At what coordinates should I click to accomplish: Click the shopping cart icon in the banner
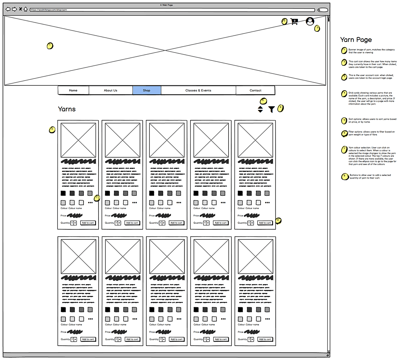click(x=294, y=21)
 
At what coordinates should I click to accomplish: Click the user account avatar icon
click(x=310, y=21)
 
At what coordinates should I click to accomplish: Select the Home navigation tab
click(x=73, y=91)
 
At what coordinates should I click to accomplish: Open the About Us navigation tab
click(x=111, y=91)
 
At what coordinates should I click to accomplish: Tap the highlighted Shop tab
click(x=147, y=91)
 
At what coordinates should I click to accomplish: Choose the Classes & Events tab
click(x=198, y=91)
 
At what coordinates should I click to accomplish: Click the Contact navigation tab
click(x=255, y=91)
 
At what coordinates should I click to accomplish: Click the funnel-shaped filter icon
click(x=272, y=110)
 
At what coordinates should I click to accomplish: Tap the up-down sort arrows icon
click(x=260, y=109)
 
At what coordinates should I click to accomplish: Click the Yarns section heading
click(x=67, y=109)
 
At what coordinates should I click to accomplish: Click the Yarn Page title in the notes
click(x=356, y=40)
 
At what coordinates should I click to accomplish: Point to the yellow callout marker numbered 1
click(x=50, y=46)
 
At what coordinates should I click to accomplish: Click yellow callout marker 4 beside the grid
click(x=52, y=130)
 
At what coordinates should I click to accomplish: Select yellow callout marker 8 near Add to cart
click(x=278, y=221)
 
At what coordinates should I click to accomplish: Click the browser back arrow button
click(x=8, y=9)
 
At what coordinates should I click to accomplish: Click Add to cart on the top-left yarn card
click(x=88, y=223)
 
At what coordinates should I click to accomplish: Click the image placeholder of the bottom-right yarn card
click(x=255, y=256)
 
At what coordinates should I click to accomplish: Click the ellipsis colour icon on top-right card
click(x=267, y=202)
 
